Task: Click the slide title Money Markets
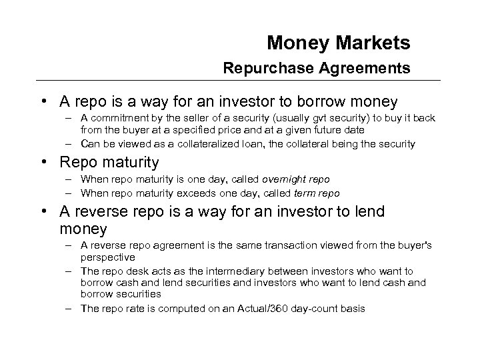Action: click(338, 43)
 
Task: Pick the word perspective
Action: click(107, 256)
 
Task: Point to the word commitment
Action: click(118, 118)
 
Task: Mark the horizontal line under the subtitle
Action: click(240, 81)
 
